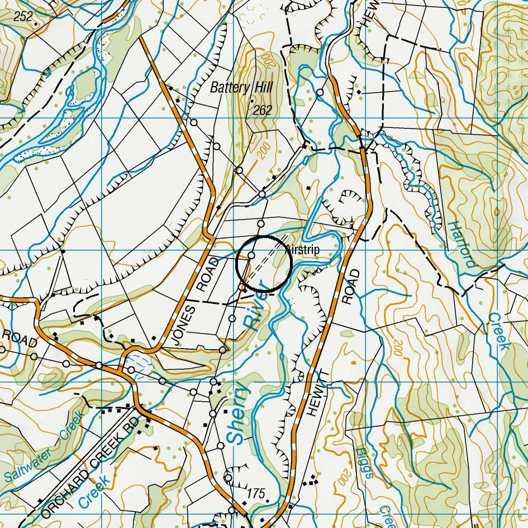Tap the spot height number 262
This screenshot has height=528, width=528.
point(262,110)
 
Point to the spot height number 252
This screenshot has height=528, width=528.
point(23,16)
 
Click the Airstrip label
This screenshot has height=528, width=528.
point(303,250)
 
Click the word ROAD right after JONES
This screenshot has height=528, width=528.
point(208,275)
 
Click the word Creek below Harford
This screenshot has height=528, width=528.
point(498,331)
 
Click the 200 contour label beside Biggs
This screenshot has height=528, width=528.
point(343,478)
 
